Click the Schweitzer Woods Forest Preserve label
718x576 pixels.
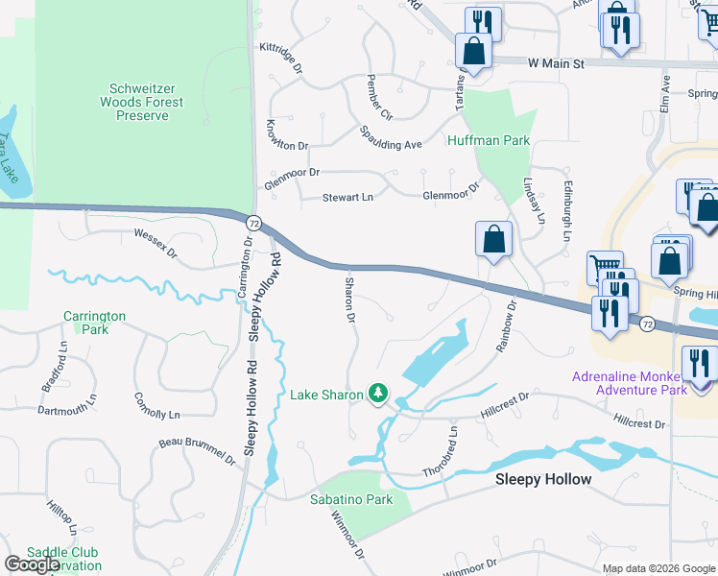click(x=142, y=102)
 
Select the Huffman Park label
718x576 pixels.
click(x=489, y=140)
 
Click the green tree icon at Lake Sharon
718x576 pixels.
click(x=379, y=394)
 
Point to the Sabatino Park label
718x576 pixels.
click(x=350, y=499)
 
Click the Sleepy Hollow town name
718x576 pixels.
click(x=542, y=479)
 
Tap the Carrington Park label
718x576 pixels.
click(x=94, y=322)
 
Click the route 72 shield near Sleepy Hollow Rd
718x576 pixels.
click(x=251, y=222)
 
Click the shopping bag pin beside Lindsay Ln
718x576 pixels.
click(x=493, y=239)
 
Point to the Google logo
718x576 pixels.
click(x=32, y=564)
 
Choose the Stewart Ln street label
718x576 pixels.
click(x=335, y=195)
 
